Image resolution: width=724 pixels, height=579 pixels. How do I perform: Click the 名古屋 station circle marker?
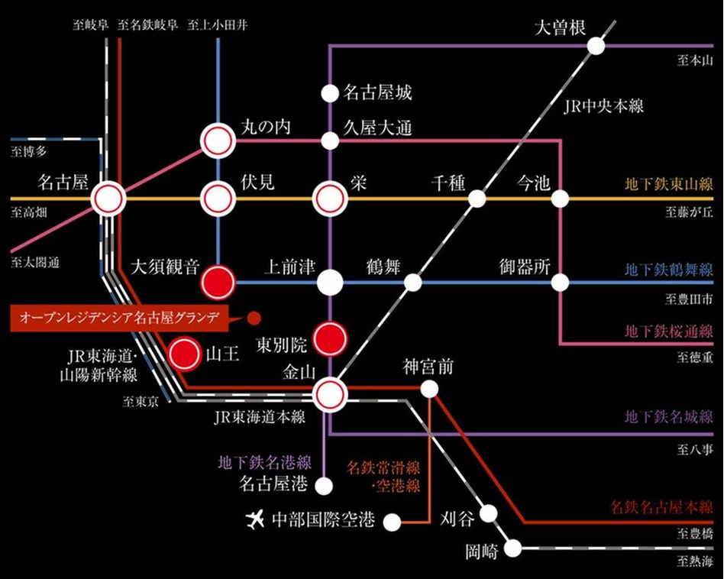(x=108, y=199)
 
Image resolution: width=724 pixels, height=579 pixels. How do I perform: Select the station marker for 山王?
(x=184, y=354)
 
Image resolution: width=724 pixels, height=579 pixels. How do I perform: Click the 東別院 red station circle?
(x=331, y=338)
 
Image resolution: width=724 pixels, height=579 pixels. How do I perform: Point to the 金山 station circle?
(x=331, y=393)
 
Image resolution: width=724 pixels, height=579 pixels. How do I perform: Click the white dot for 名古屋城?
(x=329, y=93)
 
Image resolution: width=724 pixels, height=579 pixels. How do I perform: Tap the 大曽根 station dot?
(x=596, y=45)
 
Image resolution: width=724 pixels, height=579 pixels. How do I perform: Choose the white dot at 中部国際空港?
(x=392, y=522)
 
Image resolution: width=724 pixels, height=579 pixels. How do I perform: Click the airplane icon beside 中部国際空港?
(x=254, y=521)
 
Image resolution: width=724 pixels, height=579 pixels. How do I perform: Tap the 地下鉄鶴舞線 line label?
(x=668, y=269)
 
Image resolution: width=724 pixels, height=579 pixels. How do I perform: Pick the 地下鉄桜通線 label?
(x=668, y=332)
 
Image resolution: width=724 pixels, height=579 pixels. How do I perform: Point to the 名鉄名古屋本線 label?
(x=661, y=506)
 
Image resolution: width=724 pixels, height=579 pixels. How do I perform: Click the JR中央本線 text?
(x=603, y=106)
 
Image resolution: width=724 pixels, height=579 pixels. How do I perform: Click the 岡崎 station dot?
(x=515, y=548)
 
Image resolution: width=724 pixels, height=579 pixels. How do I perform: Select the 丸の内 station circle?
(x=217, y=141)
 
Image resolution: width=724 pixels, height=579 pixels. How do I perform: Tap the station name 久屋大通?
(x=377, y=128)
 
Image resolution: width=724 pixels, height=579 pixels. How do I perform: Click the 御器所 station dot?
(x=561, y=283)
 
